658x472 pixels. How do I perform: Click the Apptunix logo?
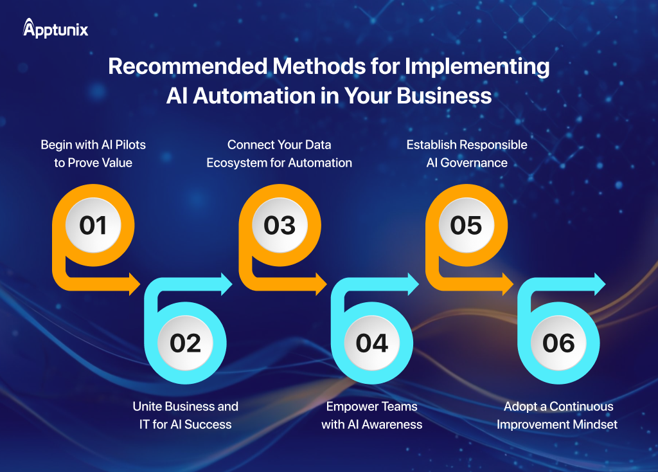coord(55,29)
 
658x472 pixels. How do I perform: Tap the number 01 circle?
coord(93,225)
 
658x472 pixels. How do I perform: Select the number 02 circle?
coord(186,343)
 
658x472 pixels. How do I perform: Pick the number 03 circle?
coord(280,225)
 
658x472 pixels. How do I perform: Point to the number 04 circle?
coord(372,343)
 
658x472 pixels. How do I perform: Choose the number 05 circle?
coord(466,225)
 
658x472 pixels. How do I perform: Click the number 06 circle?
coord(558,343)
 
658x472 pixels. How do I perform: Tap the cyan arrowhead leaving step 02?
coord(226,284)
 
